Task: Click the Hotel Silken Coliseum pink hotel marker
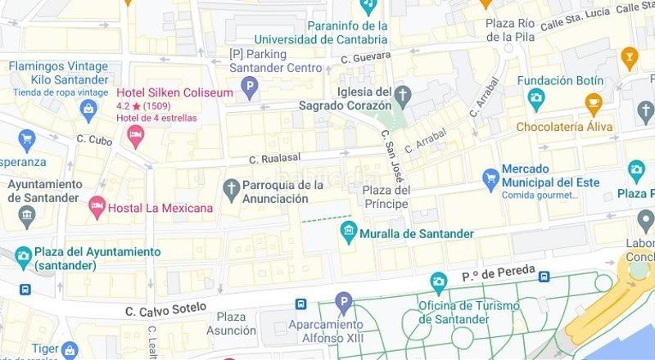click(136, 134)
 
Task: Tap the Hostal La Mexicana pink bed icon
click(97, 208)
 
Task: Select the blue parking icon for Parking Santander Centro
click(251, 86)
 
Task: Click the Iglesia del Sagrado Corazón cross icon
click(402, 98)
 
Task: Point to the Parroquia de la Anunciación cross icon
click(232, 190)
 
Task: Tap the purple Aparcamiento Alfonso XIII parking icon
click(344, 303)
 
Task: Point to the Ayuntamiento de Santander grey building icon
click(28, 217)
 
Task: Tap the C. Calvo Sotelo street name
click(162, 311)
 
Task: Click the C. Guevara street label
click(364, 56)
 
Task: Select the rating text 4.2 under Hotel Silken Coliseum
click(124, 106)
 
